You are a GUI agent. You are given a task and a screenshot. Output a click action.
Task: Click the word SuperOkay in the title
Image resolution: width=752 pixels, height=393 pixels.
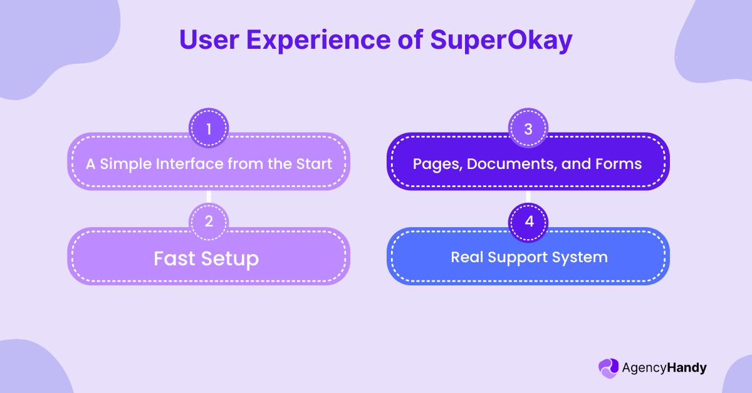pos(501,40)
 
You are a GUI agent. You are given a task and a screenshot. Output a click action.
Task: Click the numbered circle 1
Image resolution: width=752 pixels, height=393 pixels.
pos(209,128)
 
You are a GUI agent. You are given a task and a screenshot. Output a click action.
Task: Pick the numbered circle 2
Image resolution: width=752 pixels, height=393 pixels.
pos(209,222)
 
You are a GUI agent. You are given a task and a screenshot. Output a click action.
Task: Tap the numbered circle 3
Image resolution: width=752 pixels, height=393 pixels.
pos(528,128)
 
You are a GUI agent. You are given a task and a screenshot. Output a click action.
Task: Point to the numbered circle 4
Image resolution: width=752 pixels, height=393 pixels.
pos(528,222)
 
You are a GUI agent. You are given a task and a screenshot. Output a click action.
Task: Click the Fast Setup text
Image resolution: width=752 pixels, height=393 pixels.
pos(207,258)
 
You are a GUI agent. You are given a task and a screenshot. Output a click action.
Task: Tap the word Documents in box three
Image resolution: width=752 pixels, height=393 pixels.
pos(501,164)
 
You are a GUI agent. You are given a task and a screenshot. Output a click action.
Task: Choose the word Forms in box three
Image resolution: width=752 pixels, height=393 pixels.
pos(620,164)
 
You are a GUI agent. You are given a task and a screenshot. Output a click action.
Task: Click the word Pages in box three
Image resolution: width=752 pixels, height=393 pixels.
pos(434,164)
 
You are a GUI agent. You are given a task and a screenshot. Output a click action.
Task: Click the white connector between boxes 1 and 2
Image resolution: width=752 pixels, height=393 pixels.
pos(209,196)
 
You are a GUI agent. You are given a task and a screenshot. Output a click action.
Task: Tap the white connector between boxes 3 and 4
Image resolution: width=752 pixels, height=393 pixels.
pos(528,196)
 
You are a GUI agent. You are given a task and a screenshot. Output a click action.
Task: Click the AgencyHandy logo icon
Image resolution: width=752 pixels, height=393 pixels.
pos(608,368)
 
